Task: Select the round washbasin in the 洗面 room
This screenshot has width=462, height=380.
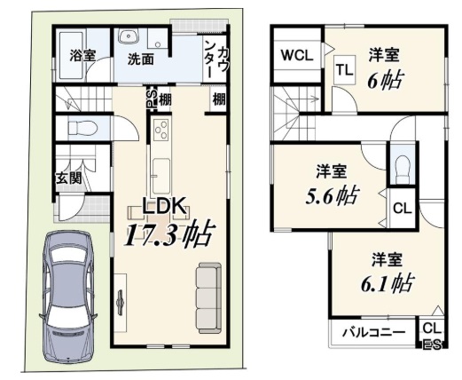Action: (129, 36)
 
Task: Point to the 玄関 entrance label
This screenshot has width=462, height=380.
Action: (68, 178)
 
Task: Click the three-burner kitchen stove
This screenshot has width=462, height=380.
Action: (161, 129)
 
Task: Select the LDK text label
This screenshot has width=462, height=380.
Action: (164, 205)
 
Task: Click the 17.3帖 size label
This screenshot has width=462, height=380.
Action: (168, 234)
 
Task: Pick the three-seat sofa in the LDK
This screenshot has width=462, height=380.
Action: (208, 298)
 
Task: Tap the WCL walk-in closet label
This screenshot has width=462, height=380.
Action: (297, 55)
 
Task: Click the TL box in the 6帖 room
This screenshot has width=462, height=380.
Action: (345, 70)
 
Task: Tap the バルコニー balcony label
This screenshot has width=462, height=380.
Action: (374, 333)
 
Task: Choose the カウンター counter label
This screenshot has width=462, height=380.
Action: (216, 62)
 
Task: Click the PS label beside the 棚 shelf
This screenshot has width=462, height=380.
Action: (152, 99)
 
